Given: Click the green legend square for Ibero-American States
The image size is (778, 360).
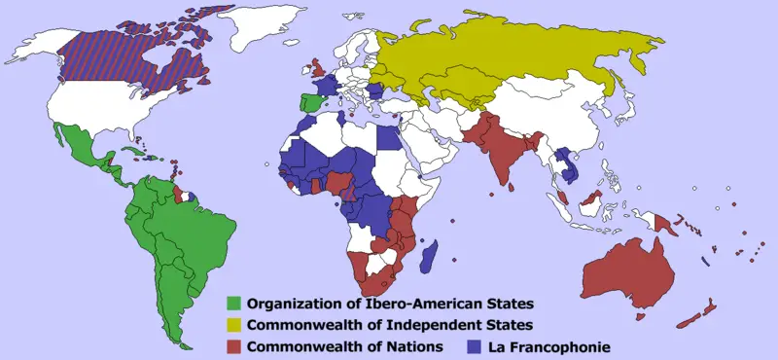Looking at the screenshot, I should coord(233,303).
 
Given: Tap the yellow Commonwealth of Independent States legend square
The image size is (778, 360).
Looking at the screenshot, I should coord(233,324).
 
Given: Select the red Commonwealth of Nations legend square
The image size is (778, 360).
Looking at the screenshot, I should coord(233,345).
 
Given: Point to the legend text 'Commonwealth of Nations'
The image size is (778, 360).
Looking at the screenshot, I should coord(345,345).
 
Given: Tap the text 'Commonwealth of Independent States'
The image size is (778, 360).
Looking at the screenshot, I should coord(377,324).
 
